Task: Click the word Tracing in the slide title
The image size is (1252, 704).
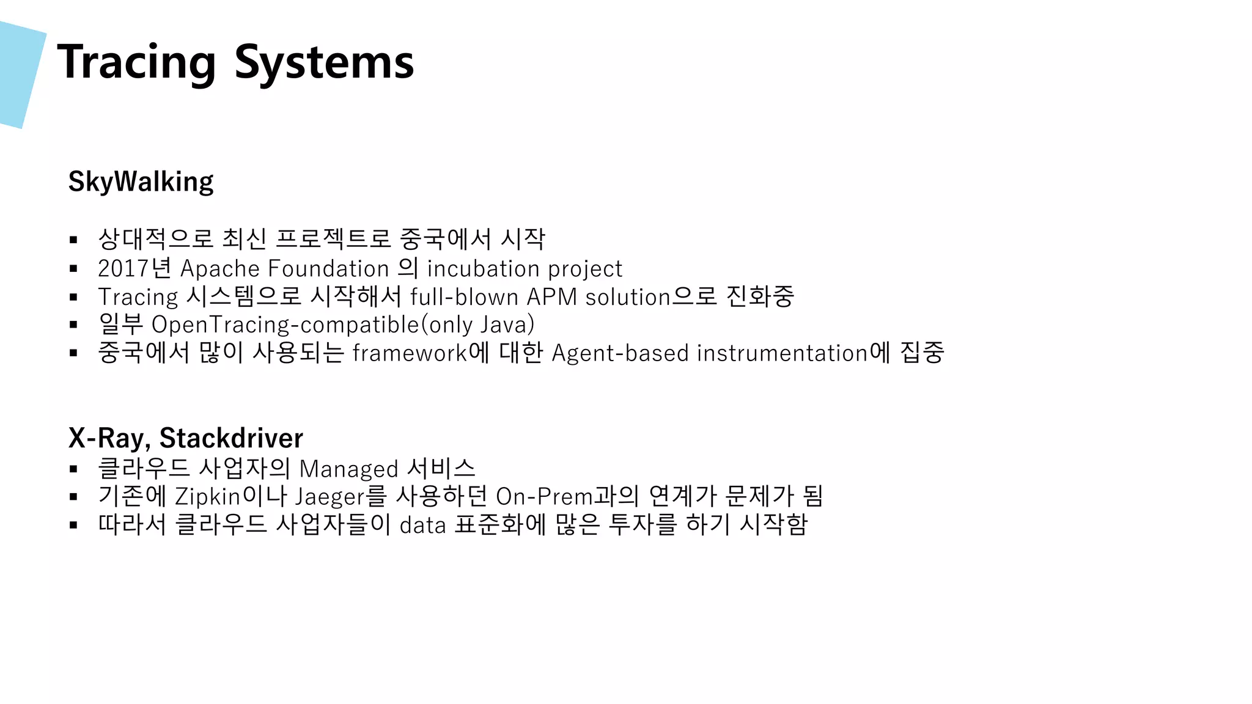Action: (x=136, y=62)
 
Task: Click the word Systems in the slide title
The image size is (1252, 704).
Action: (x=324, y=62)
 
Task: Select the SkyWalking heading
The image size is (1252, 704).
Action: (x=141, y=182)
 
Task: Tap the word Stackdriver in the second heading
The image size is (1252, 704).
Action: (x=231, y=438)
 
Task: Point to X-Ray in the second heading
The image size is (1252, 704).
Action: (x=106, y=438)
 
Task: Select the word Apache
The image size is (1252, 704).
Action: (x=220, y=269)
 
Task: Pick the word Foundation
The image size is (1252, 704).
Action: (x=328, y=269)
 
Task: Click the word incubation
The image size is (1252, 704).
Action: (x=483, y=269)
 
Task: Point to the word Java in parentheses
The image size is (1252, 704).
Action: (x=504, y=325)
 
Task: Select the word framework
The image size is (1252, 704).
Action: (x=410, y=353)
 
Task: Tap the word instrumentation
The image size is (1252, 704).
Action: (x=782, y=353)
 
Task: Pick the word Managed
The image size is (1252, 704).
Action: (x=349, y=469)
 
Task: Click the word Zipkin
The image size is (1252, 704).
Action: (x=208, y=497)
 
